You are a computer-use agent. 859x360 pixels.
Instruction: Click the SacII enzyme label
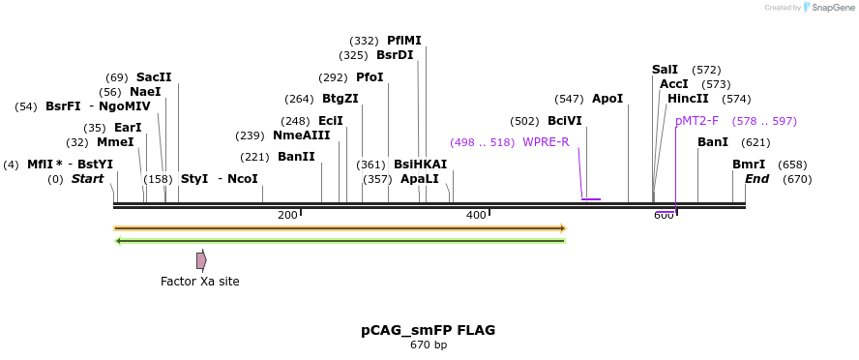pyautogui.click(x=153, y=77)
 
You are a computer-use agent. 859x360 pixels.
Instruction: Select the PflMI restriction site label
pyautogui.click(x=403, y=41)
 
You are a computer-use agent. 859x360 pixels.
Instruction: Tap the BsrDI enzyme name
pyautogui.click(x=395, y=55)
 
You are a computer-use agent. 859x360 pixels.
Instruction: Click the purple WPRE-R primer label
pyautogui.click(x=546, y=142)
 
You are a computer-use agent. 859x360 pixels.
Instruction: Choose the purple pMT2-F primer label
pyautogui.click(x=696, y=121)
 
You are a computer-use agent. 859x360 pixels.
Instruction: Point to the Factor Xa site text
pyautogui.click(x=199, y=282)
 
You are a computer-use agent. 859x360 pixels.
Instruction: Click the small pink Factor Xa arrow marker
pyautogui.click(x=201, y=260)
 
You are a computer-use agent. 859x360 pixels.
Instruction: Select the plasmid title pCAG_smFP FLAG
pyautogui.click(x=428, y=330)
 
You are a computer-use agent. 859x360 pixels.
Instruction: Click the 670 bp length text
pyautogui.click(x=428, y=345)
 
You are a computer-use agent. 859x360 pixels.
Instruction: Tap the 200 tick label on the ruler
pyautogui.click(x=287, y=215)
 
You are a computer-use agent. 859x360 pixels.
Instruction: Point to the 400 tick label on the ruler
pyautogui.click(x=476, y=215)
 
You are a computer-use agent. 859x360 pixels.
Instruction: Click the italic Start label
pyautogui.click(x=87, y=179)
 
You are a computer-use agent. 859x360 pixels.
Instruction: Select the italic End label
pyautogui.click(x=756, y=179)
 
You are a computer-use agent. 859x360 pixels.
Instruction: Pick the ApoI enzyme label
pyautogui.click(x=607, y=99)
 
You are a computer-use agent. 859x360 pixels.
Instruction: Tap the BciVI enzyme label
pyautogui.click(x=564, y=121)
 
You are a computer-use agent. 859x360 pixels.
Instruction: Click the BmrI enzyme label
pyautogui.click(x=748, y=165)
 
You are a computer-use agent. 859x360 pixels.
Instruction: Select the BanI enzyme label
pyautogui.click(x=712, y=142)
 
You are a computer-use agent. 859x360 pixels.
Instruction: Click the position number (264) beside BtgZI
pyautogui.click(x=299, y=99)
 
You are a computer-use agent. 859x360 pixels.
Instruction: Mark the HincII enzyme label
pyautogui.click(x=688, y=99)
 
